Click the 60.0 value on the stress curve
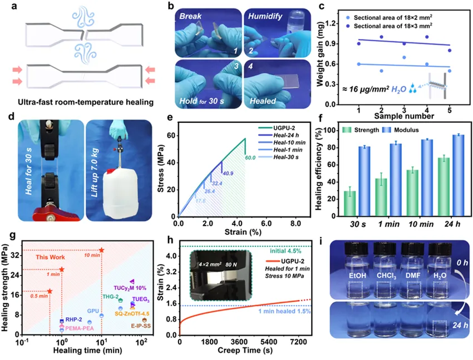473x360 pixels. pyautogui.click(x=250, y=158)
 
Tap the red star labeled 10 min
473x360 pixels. pyautogui.click(x=101, y=250)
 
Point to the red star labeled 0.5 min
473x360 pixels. pyautogui.click(x=50, y=291)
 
